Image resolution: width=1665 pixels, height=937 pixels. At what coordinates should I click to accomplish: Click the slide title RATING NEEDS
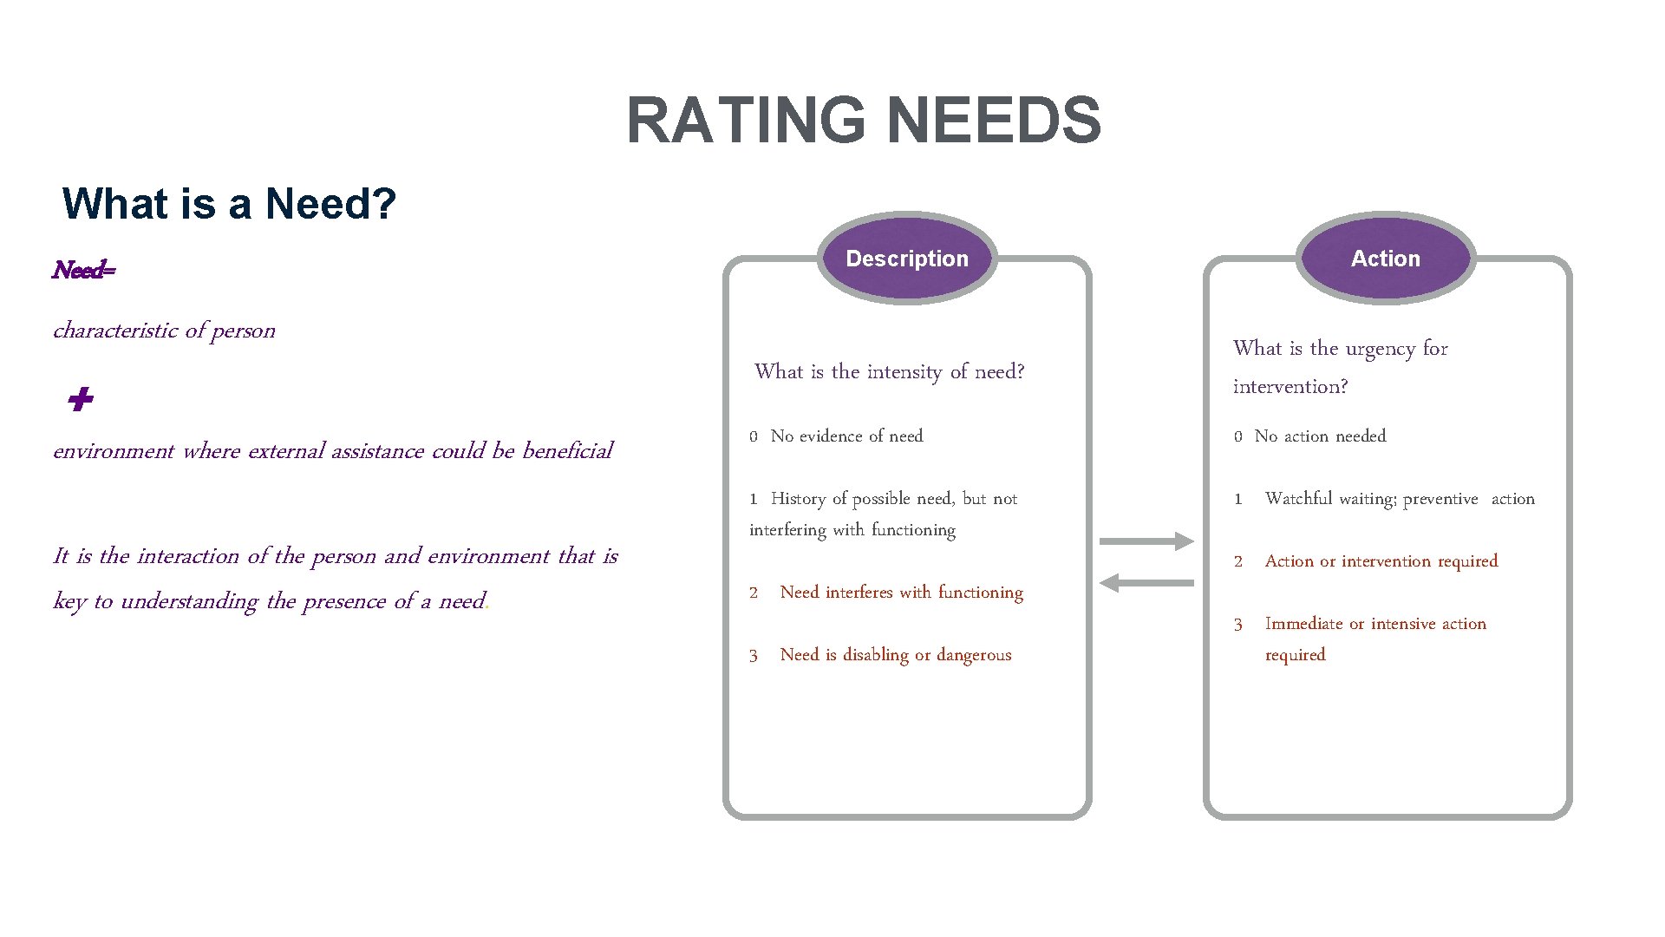[864, 120]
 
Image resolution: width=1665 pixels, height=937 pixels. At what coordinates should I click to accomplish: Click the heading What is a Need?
[229, 204]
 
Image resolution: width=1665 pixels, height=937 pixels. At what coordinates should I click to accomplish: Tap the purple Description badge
[907, 259]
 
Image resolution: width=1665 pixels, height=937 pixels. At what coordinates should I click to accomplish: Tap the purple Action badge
[1386, 259]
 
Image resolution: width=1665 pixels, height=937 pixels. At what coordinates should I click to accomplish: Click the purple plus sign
[80, 400]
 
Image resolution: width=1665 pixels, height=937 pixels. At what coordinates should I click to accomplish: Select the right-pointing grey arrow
[1146, 541]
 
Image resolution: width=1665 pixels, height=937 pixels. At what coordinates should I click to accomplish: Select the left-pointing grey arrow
[1146, 583]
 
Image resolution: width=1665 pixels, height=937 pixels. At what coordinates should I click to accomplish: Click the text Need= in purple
[83, 270]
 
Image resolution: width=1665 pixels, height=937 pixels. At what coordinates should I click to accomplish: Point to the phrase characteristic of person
[164, 331]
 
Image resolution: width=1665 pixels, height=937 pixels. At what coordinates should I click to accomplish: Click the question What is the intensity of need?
[889, 372]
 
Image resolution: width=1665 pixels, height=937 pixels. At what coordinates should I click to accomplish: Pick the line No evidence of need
[846, 436]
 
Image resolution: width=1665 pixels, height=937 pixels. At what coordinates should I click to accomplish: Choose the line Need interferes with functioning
[901, 593]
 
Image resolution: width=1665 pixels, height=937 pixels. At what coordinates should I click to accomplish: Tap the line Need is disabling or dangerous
[895, 655]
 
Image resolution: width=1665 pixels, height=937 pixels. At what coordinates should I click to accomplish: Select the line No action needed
[1320, 436]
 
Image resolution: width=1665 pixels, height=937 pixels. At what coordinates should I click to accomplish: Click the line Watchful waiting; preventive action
[1399, 499]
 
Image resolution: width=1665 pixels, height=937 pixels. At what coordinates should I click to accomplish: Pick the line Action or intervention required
[1381, 561]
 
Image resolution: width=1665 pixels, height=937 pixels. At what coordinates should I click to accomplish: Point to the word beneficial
[567, 451]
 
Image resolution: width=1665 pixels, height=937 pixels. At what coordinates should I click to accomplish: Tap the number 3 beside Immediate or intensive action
[1238, 625]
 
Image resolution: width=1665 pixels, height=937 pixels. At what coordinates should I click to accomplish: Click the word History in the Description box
[798, 499]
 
